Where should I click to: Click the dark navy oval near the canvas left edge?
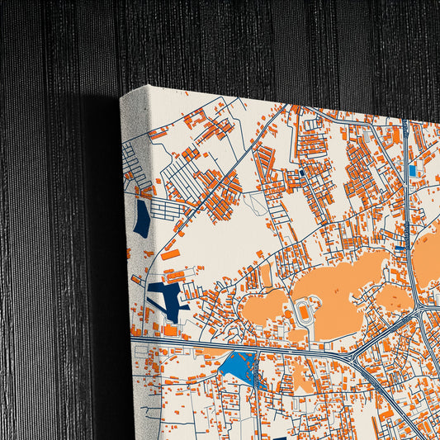142,219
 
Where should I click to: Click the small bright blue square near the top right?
412,170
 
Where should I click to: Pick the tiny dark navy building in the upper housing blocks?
304,173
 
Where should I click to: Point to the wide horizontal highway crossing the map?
248,348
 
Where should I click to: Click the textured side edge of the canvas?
132,248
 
